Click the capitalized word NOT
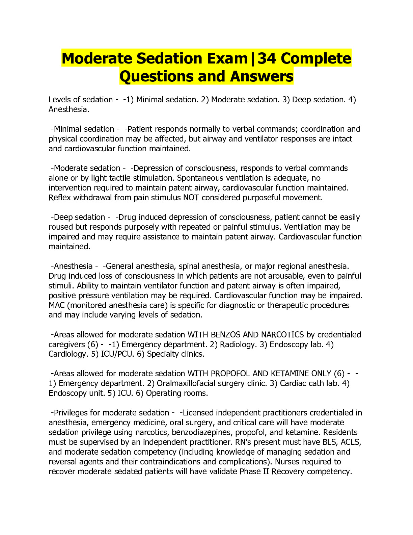(x=191, y=198)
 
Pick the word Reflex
(x=60, y=198)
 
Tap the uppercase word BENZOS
(x=225, y=335)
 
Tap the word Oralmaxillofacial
(x=190, y=383)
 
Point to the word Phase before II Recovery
(x=250, y=472)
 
